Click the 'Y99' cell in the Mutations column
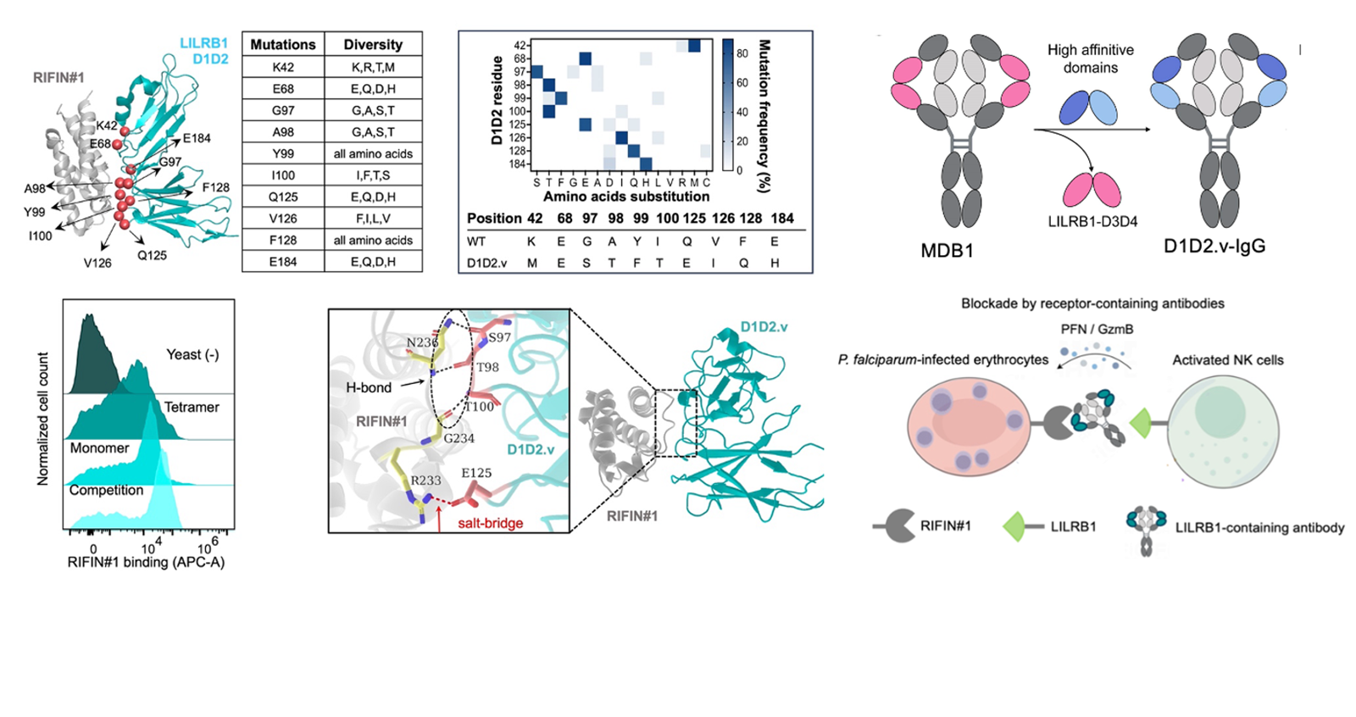(283, 153)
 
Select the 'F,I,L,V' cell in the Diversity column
(373, 219)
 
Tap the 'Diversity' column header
(373, 45)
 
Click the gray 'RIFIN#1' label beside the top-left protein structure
(58, 78)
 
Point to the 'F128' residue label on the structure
(215, 187)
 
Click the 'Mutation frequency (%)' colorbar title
(764, 115)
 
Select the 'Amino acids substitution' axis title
(626, 197)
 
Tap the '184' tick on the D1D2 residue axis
(517, 164)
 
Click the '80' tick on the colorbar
(742, 53)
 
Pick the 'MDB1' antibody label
(948, 250)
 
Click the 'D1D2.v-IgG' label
(1214, 246)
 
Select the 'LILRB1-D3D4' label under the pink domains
(1092, 222)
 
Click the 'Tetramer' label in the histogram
(192, 408)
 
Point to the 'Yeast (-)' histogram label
(192, 355)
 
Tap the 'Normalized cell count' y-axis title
(42, 419)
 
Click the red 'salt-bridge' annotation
(490, 524)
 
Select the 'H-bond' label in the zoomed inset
(369, 387)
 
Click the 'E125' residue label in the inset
(476, 473)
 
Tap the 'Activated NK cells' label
(1227, 360)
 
